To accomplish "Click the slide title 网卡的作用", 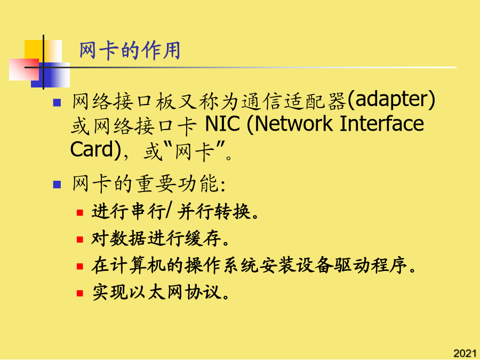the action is [130, 51].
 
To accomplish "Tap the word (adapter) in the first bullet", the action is [391, 100].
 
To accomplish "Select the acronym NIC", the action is [222, 124].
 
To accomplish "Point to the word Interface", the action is [382, 123].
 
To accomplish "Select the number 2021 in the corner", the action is [465, 353].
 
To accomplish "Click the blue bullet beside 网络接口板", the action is [57, 102].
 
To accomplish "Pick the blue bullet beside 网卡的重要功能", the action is [57, 185].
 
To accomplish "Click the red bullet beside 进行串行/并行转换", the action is [80, 212].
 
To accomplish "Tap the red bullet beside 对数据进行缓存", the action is [80, 239].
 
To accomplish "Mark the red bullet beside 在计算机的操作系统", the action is [80, 266].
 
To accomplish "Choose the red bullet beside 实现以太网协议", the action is [80, 293].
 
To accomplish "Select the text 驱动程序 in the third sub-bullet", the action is [371, 266].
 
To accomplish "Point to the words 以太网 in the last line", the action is [156, 292].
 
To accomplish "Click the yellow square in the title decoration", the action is [34, 50].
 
